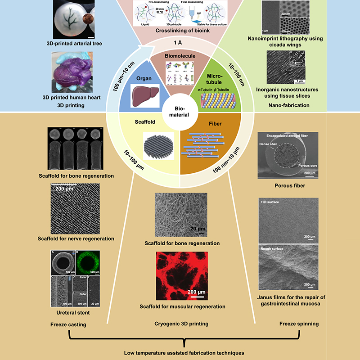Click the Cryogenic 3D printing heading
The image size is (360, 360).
tap(180, 324)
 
